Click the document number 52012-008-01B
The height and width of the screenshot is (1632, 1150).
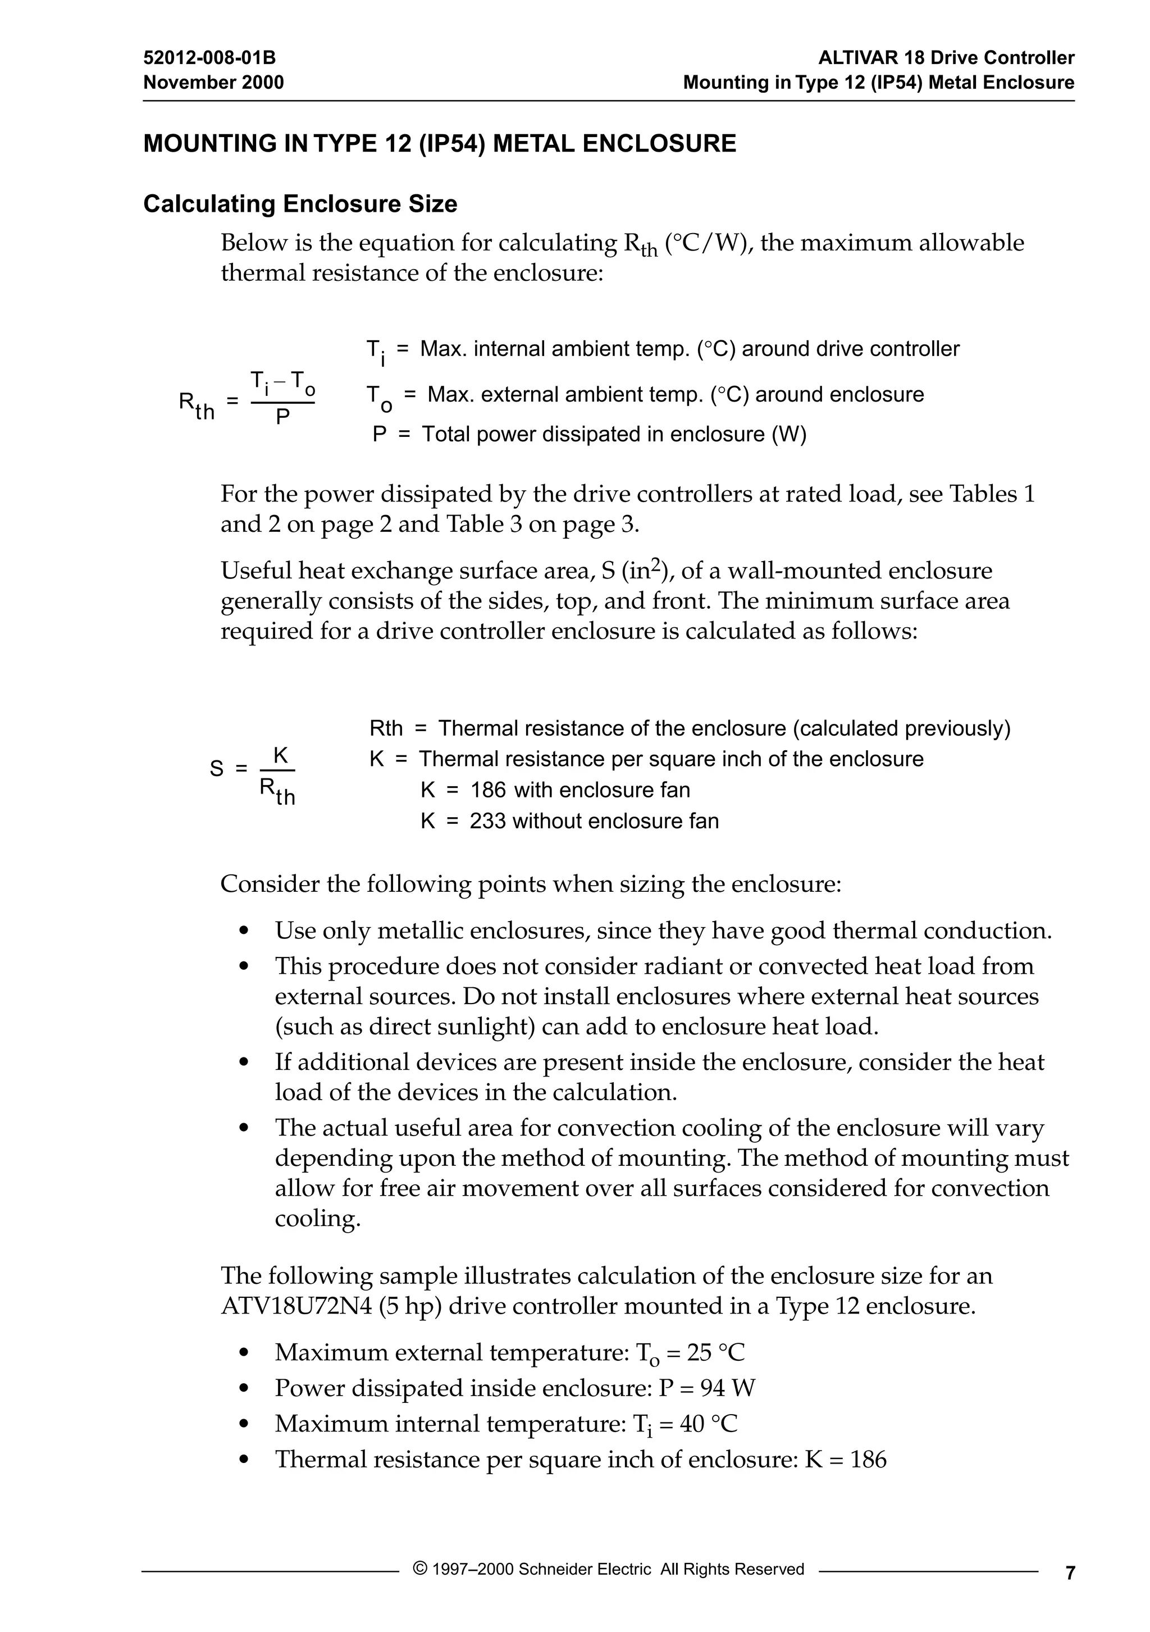(209, 58)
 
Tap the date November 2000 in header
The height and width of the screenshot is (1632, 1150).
(213, 83)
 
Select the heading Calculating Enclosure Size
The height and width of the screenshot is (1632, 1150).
(300, 204)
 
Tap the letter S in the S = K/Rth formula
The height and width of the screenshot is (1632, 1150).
(217, 768)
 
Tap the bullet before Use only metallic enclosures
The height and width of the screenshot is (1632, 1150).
(244, 931)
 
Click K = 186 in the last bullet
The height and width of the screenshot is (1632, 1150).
(845, 1459)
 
